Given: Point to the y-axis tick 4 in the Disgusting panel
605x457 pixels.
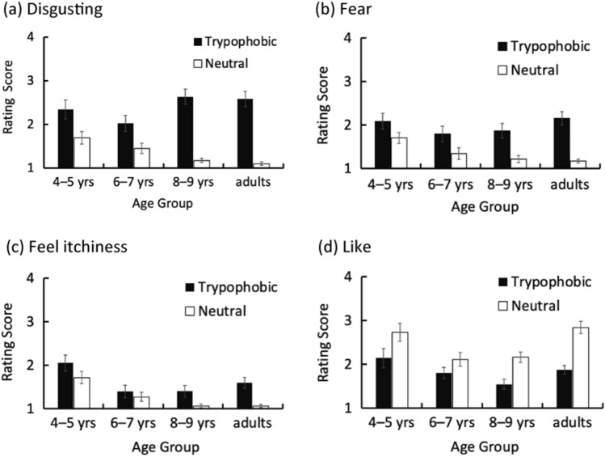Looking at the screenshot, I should pos(30,37).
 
